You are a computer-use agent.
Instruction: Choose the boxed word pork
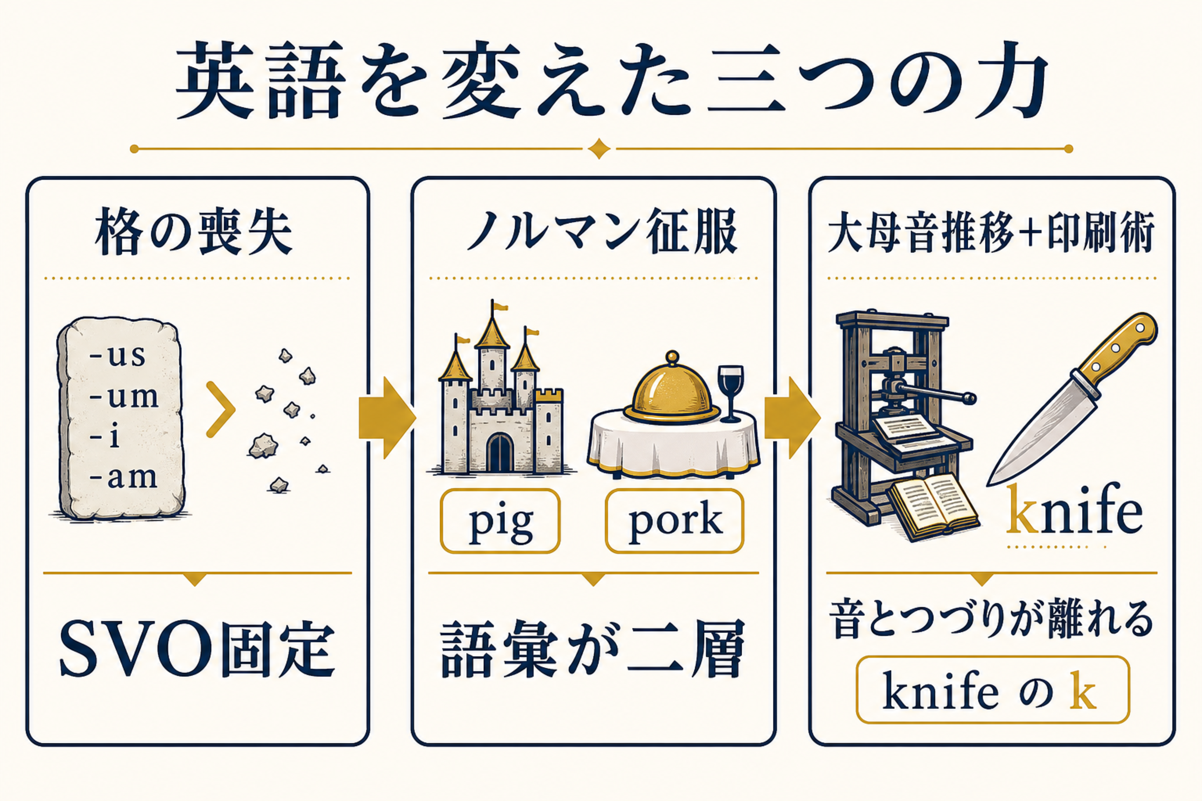675,521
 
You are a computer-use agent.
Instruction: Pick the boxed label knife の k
992,690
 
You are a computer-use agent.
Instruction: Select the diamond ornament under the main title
599,149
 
